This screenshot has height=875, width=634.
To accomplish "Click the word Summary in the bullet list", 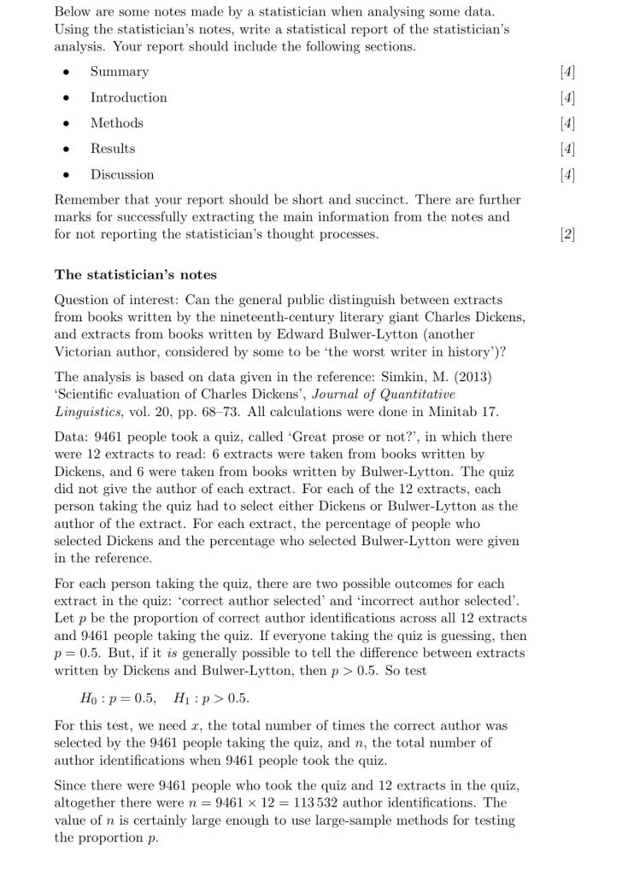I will (x=120, y=72).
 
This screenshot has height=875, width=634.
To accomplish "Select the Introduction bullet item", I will (x=129, y=97).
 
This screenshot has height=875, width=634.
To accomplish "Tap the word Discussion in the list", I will (x=122, y=174).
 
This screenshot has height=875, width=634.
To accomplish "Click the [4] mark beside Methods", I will (x=567, y=123).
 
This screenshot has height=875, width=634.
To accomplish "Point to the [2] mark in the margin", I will (x=567, y=234).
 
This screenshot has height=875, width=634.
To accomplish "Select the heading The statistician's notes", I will (x=136, y=275).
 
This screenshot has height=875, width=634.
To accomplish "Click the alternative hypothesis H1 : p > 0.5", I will (x=212, y=698).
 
